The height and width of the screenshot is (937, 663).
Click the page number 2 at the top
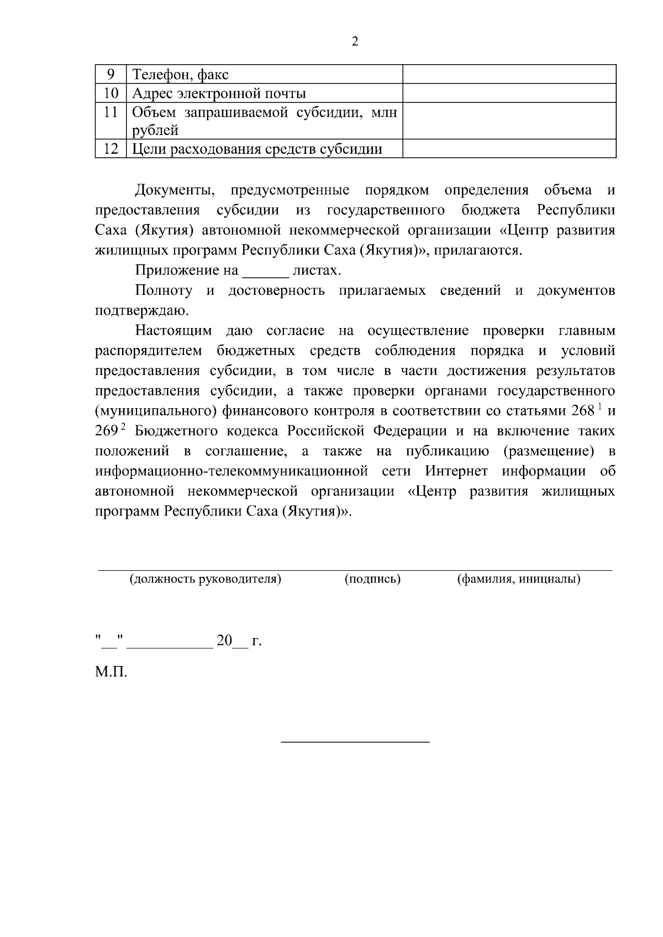click(x=355, y=42)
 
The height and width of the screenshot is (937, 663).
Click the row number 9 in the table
click(x=110, y=74)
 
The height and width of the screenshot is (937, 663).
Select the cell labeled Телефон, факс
click(x=181, y=75)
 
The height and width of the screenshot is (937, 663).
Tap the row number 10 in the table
click(x=110, y=93)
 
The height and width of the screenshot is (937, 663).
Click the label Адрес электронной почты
click(x=219, y=93)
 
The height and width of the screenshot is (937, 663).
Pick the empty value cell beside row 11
click(x=509, y=121)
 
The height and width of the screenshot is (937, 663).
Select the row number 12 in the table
click(x=110, y=149)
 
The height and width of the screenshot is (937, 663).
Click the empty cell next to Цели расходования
click(x=509, y=149)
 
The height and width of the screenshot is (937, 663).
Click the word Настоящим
click(x=173, y=331)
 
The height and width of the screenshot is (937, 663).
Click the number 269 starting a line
click(x=106, y=431)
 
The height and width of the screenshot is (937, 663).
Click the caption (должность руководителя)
click(x=205, y=579)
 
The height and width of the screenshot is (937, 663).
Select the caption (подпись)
click(x=372, y=579)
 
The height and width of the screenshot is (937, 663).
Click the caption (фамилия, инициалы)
click(x=518, y=579)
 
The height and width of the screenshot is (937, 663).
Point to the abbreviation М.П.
click(x=111, y=673)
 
